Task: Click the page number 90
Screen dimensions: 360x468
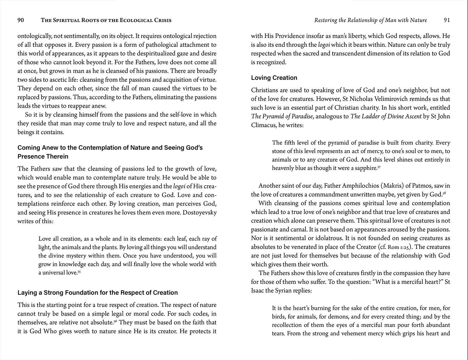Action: pos(21,20)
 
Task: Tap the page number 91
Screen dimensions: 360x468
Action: pos(447,20)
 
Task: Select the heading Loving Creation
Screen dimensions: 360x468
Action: pos(274,78)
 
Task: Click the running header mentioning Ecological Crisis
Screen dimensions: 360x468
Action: pos(106,21)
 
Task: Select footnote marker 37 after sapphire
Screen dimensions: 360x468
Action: pos(379,167)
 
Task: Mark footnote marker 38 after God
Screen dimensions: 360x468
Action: pos(444,193)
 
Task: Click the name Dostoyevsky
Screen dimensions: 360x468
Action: pos(199,213)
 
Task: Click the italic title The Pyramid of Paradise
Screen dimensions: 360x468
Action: pos(282,116)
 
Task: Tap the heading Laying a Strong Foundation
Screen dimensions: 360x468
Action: pos(98,293)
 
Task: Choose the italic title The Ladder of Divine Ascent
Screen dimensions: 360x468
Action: pos(386,116)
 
